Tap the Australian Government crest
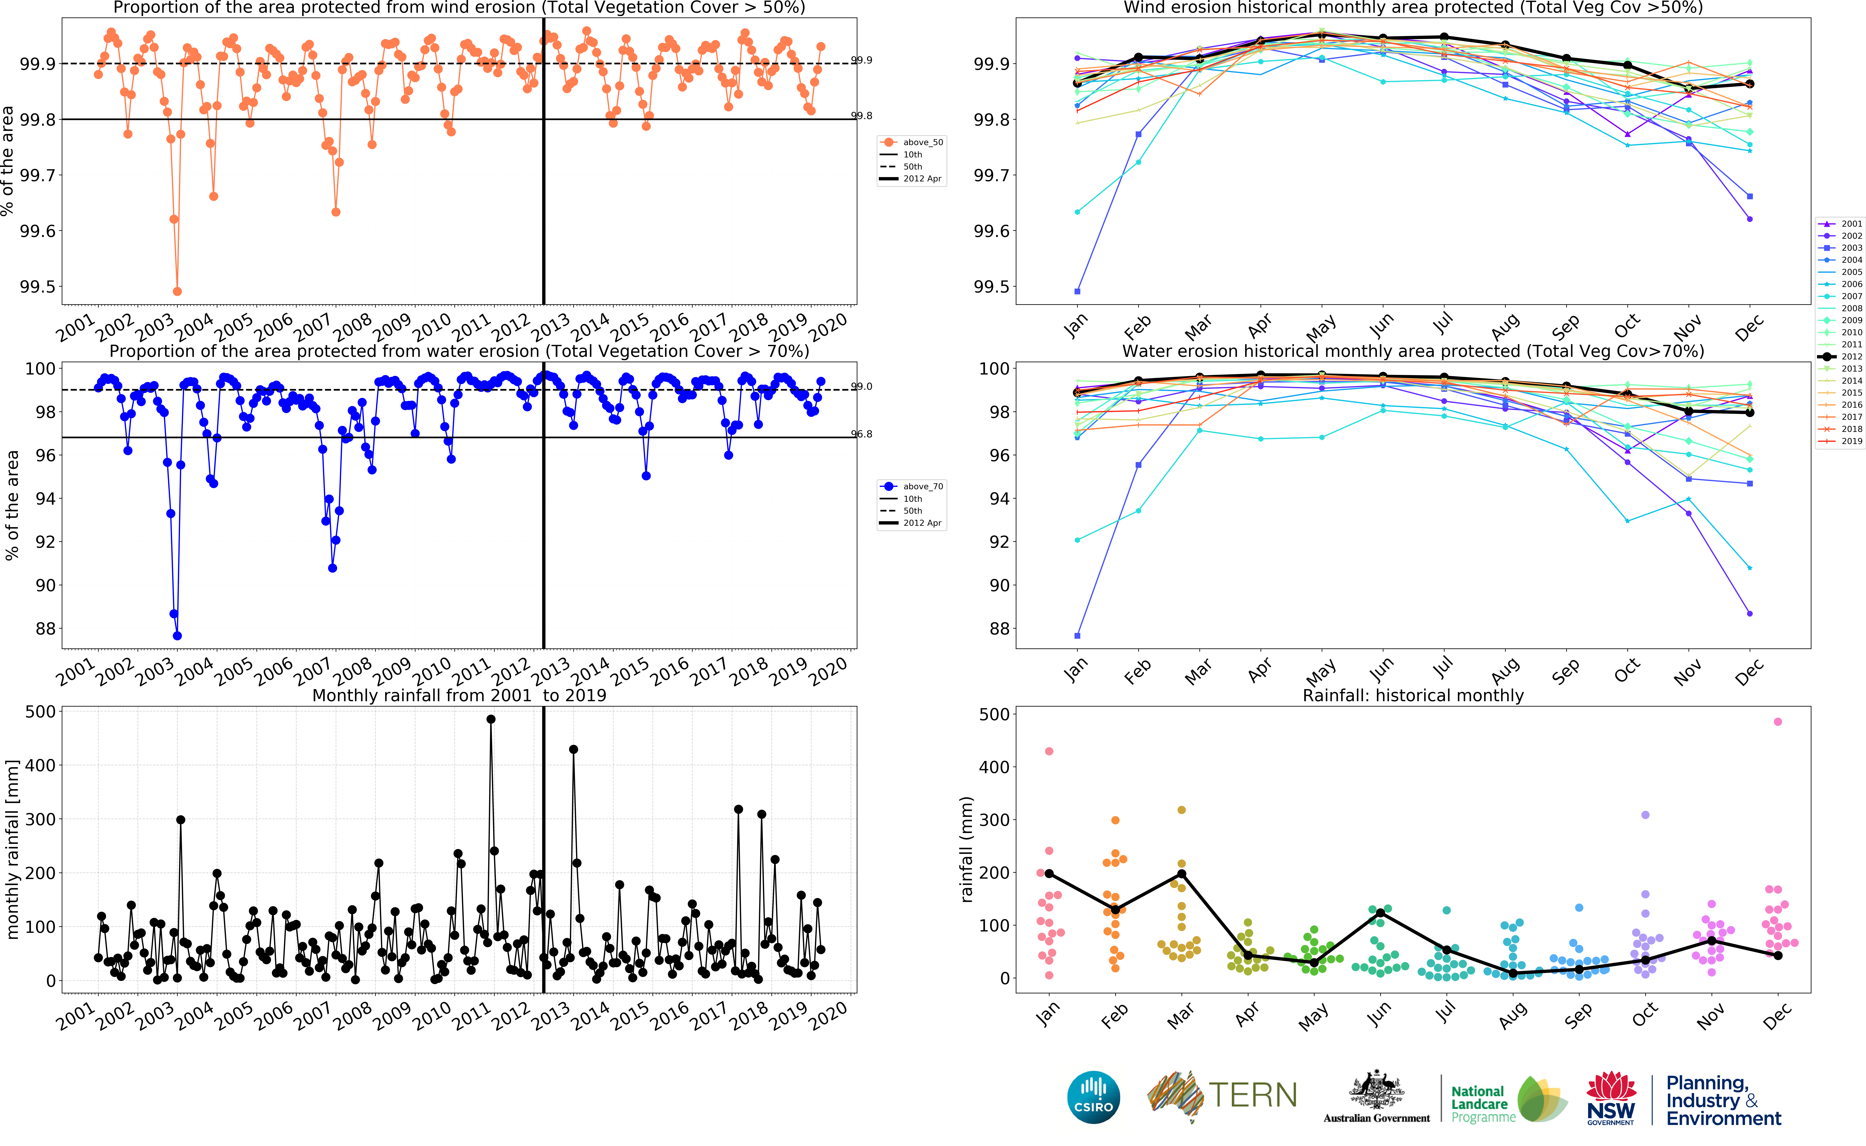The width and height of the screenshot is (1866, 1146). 1376,1091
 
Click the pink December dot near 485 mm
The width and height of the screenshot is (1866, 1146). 1778,721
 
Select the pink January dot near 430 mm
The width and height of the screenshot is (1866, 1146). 1049,751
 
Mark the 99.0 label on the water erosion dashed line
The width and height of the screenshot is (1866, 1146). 862,387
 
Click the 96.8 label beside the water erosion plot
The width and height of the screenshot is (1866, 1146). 862,434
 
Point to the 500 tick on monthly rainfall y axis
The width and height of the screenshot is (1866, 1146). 40,712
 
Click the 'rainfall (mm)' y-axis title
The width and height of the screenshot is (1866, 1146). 966,849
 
